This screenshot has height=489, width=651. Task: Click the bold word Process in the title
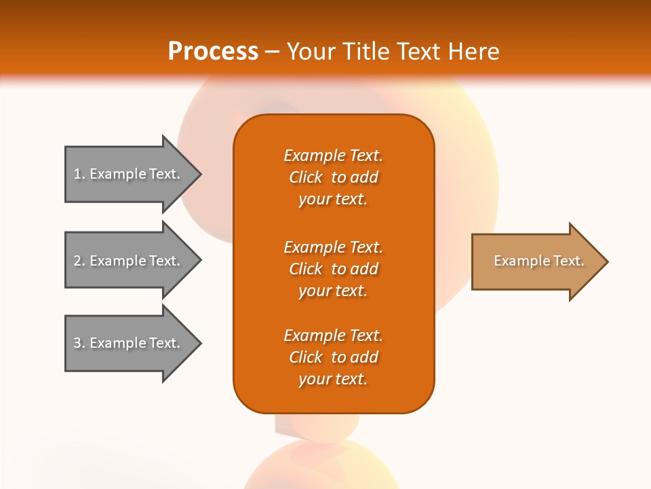click(x=213, y=52)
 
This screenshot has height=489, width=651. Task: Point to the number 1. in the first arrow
click(x=79, y=174)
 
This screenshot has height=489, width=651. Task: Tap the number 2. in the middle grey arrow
click(x=79, y=261)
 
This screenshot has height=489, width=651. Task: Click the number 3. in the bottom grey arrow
click(x=79, y=343)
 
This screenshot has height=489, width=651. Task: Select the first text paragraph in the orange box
click(x=333, y=177)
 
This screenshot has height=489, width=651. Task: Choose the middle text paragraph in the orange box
click(x=333, y=269)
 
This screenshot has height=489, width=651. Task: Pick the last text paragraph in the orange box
click(x=333, y=357)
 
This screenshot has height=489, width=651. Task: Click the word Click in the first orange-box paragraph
click(x=306, y=177)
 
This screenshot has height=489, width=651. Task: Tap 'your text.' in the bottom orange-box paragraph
click(x=333, y=379)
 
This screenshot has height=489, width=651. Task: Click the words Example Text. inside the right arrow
click(x=539, y=261)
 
